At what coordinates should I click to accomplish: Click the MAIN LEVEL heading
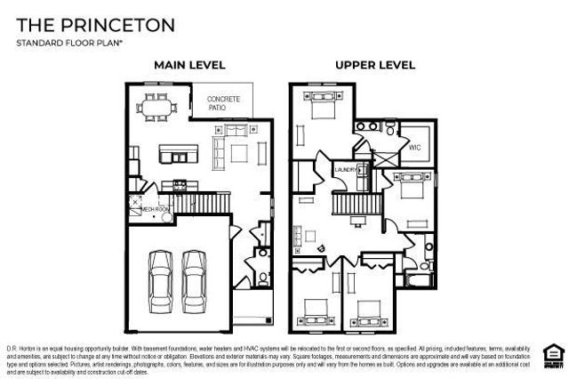(x=189, y=65)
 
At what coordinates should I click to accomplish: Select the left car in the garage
(x=162, y=277)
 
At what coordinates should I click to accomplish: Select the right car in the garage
(x=196, y=277)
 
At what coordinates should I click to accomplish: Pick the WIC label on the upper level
(x=414, y=147)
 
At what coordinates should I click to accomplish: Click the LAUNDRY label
(x=346, y=168)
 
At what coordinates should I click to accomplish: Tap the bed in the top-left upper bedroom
(x=320, y=114)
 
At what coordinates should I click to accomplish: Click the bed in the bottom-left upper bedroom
(x=316, y=313)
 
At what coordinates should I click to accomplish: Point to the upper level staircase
(x=357, y=204)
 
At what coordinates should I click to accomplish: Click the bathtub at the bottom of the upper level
(x=417, y=283)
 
